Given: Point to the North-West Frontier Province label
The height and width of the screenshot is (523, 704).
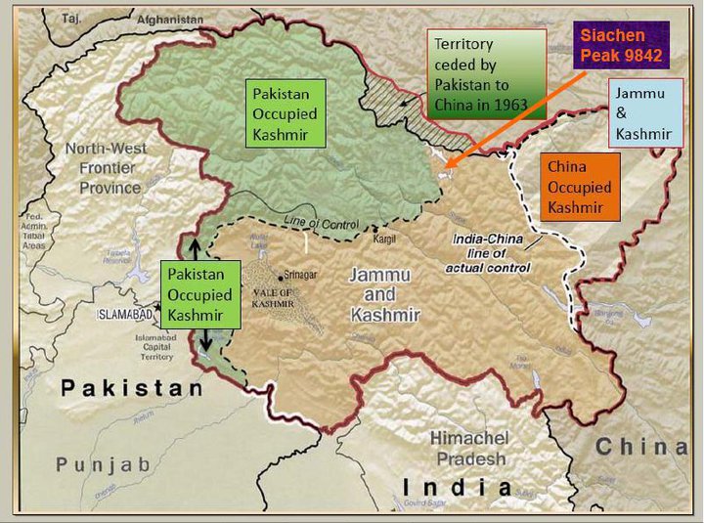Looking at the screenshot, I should pos(106,167).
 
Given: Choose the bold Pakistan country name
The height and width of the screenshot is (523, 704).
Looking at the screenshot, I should pos(133,388).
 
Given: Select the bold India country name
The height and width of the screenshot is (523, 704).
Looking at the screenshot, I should pos(458,487).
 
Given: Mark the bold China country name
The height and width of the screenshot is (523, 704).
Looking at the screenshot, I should pos(640,447).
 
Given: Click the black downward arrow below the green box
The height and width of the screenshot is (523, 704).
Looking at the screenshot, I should pos(205,341).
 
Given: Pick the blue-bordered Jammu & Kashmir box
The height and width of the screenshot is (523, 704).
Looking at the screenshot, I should pos(644,112).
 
